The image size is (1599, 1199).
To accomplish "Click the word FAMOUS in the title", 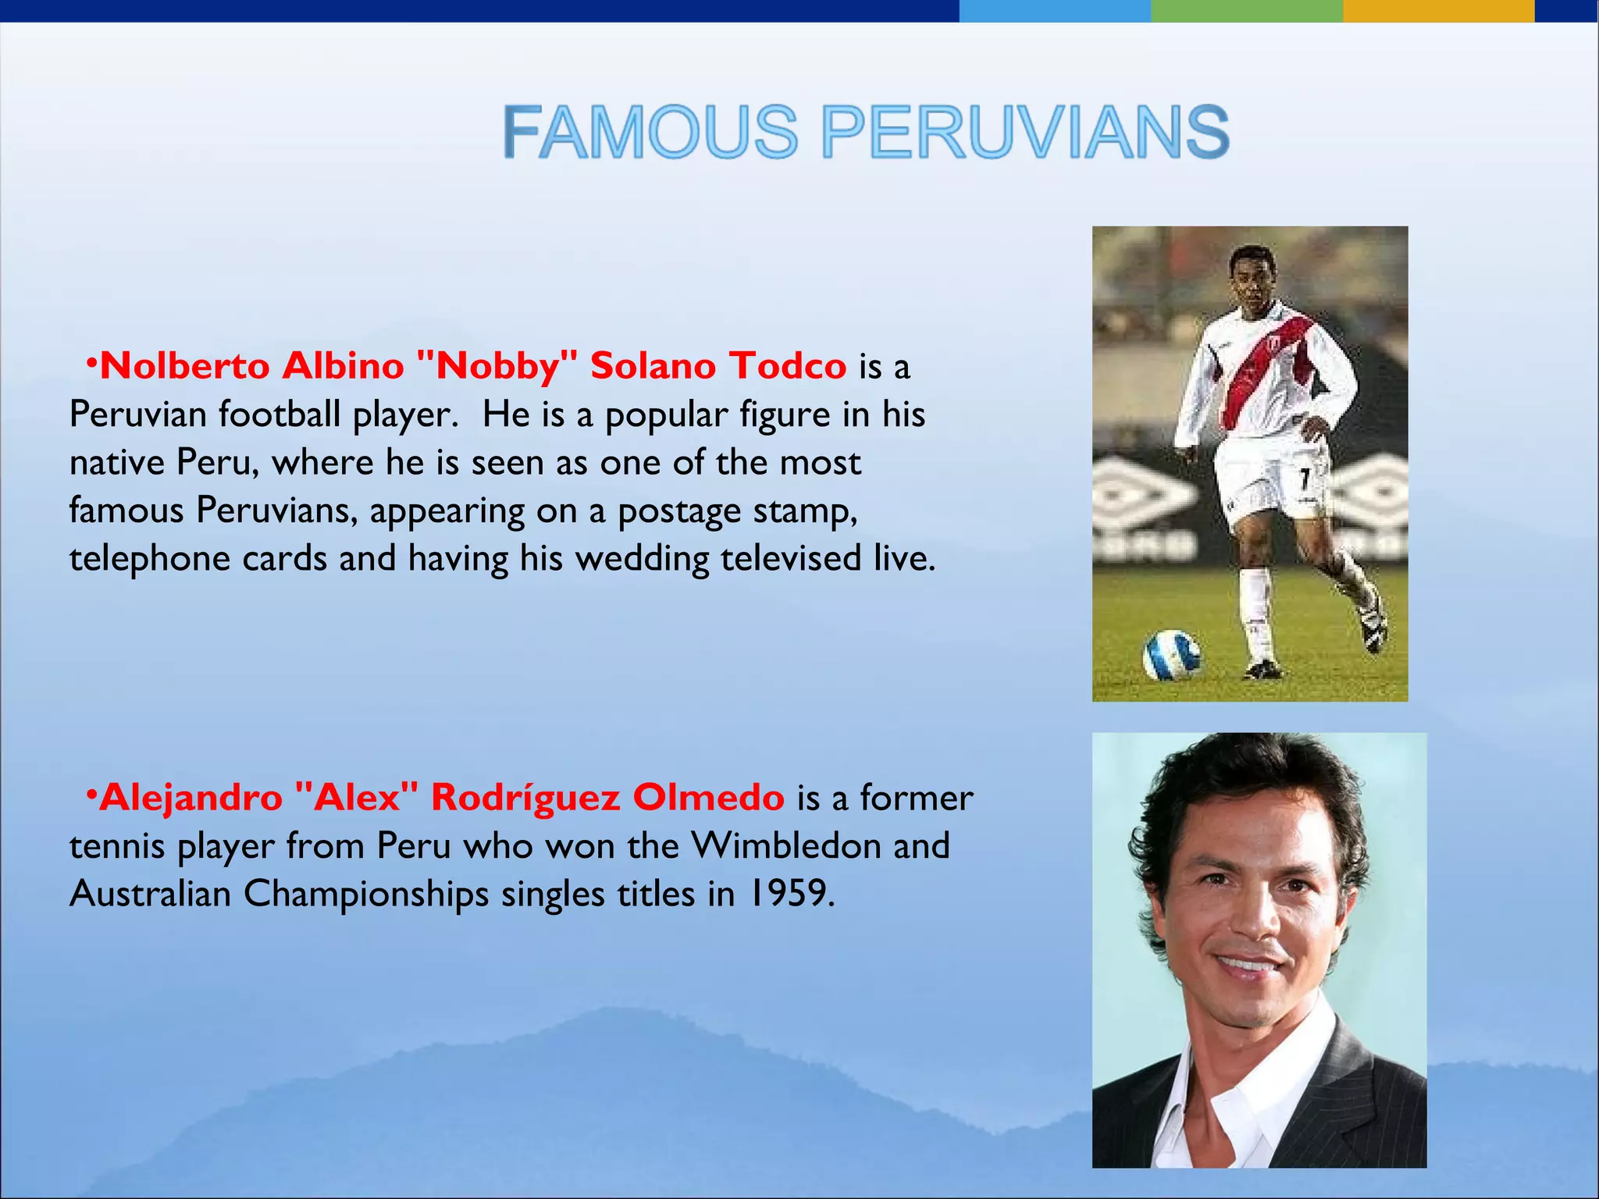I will pyautogui.click(x=650, y=133).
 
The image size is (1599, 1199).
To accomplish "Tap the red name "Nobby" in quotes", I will pyautogui.click(x=497, y=366).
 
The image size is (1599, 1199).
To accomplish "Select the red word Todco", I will pyautogui.click(x=788, y=366).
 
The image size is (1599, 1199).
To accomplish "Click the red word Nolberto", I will pyautogui.click(x=185, y=366).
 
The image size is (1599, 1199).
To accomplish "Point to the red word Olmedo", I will pyautogui.click(x=708, y=798).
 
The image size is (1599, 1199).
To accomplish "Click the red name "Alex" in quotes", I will pyautogui.click(x=357, y=798).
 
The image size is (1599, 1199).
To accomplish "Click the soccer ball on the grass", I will pyautogui.click(x=1171, y=654).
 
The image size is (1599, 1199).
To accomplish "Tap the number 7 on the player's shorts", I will pyautogui.click(x=1303, y=478).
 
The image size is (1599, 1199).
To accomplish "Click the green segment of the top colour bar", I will pyautogui.click(x=1246, y=10).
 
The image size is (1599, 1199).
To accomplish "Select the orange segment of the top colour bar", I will pyautogui.click(x=1438, y=10).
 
